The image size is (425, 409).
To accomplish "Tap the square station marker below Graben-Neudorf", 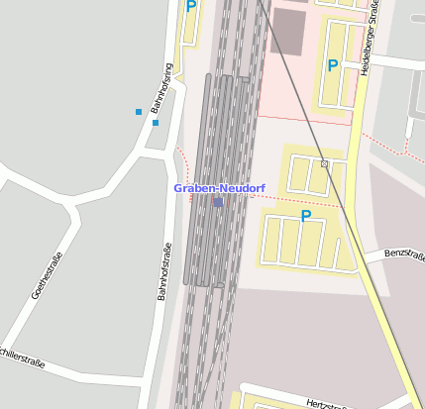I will click(217, 202).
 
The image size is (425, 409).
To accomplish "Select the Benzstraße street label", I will click(403, 254).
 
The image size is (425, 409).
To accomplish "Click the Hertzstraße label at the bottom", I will click(329, 403).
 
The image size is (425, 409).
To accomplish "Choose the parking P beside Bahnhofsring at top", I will click(191, 6).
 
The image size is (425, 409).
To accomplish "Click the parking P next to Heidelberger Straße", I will click(333, 66).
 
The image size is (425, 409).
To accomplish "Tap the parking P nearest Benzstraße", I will click(306, 215).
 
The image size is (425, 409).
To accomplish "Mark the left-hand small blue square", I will click(139, 112).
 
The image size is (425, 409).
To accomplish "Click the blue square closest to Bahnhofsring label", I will click(156, 123).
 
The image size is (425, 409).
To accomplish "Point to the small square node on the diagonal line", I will click(324, 162).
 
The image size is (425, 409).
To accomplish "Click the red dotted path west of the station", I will click(181, 157).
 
